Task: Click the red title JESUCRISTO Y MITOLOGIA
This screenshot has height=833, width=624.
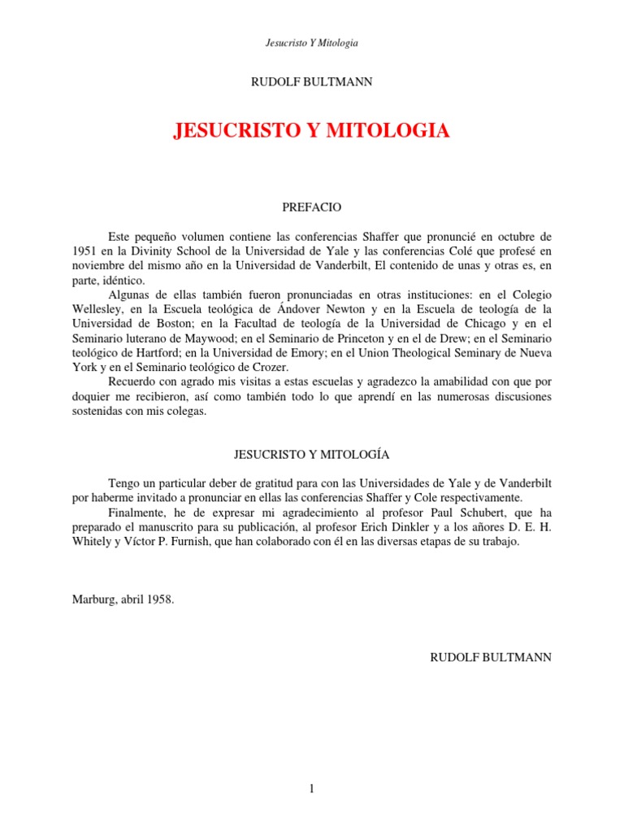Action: [311, 131]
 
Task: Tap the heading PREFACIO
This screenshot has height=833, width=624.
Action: [311, 208]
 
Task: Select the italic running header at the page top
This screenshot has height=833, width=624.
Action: [311, 41]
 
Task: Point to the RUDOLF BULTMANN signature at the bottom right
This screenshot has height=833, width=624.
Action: [491, 656]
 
